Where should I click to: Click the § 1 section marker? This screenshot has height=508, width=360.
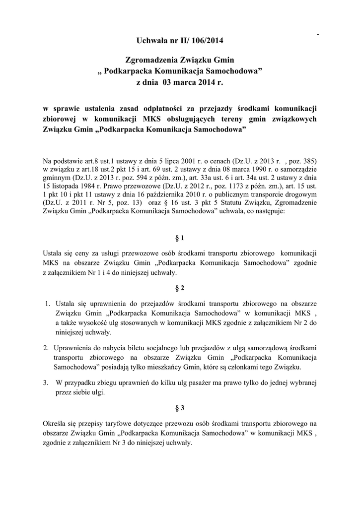click(180, 238)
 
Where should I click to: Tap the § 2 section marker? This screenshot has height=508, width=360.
click(180, 288)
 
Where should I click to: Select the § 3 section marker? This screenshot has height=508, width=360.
click(180, 408)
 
